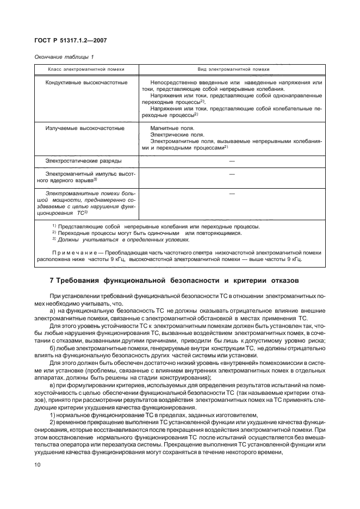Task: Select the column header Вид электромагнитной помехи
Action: [x=232, y=70]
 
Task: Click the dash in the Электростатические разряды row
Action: [x=232, y=161]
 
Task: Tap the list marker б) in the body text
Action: [x=53, y=340]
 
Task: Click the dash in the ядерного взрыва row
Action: [x=232, y=174]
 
